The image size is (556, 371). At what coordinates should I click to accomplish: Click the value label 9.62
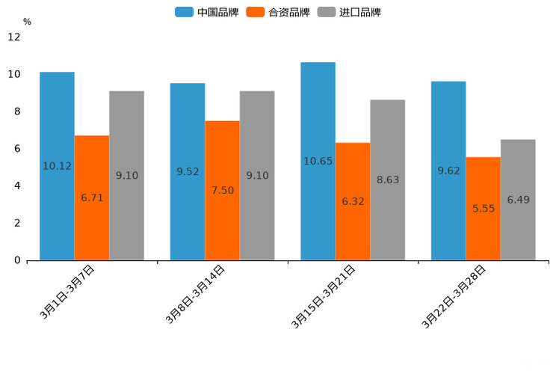(x=448, y=171)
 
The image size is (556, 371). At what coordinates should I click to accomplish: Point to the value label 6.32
(x=353, y=201)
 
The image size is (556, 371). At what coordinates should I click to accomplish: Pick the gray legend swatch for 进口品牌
(x=327, y=12)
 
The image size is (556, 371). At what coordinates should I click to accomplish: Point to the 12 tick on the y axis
(x=14, y=37)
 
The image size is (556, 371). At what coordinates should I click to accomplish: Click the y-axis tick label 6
(x=17, y=149)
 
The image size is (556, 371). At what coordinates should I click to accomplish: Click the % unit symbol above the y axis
(x=27, y=22)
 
